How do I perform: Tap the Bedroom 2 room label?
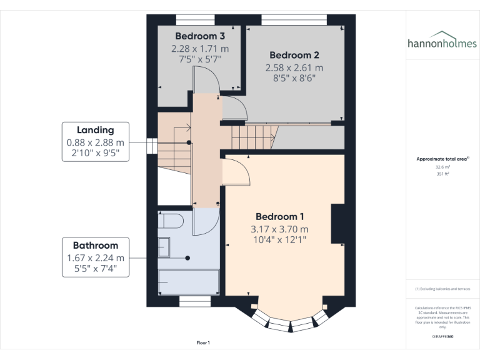(x=294, y=56)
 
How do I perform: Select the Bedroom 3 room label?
(x=200, y=36)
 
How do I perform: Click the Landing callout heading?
(x=95, y=130)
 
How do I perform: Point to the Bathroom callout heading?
(x=95, y=246)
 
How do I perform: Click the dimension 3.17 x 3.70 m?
(x=279, y=229)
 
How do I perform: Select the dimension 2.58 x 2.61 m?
(x=294, y=67)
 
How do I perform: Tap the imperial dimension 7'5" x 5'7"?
(x=200, y=59)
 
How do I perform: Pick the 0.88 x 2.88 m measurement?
(x=95, y=142)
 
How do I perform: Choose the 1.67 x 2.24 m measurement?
(x=95, y=257)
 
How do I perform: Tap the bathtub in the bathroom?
(x=188, y=282)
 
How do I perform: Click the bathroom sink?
(x=164, y=247)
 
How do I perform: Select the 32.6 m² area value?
(x=442, y=167)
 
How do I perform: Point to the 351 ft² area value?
(x=442, y=174)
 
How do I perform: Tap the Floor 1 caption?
(x=203, y=342)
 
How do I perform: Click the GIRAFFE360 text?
(x=442, y=336)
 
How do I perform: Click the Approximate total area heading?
(x=442, y=159)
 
